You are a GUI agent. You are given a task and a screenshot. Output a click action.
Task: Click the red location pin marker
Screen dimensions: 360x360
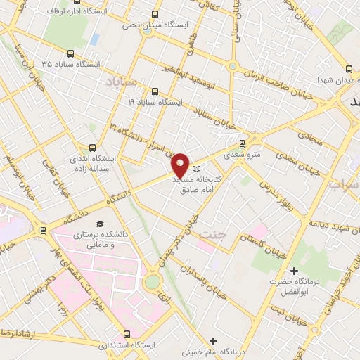coord(181,165)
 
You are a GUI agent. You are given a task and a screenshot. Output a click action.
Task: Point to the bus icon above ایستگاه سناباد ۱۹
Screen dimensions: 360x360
coord(155,91)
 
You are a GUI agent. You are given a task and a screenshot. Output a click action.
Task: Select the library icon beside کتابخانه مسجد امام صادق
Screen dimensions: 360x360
coord(196,169)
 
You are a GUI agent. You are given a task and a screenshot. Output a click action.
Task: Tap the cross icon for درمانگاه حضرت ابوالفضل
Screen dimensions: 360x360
coord(294,271)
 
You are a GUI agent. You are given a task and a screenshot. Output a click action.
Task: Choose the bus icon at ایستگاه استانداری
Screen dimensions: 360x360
coord(127,334)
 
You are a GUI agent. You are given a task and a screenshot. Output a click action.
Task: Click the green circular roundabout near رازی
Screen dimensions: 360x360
coord(153,282)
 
